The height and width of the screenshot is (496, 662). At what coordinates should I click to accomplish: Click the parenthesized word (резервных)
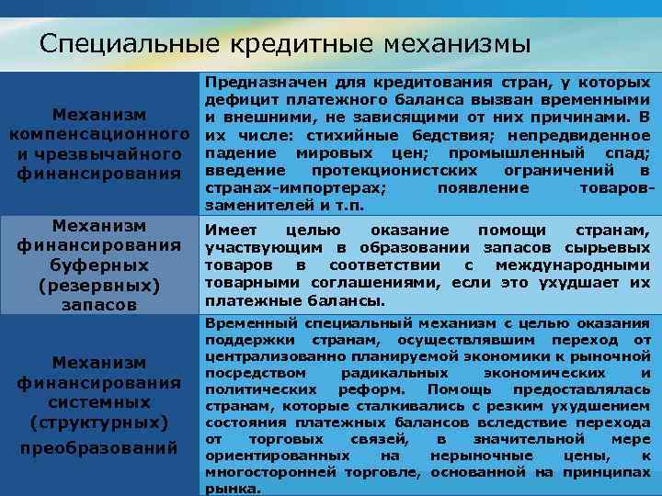click(x=99, y=285)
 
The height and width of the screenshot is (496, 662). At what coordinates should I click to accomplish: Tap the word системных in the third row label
click(x=99, y=402)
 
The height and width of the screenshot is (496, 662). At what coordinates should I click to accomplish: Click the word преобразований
click(x=99, y=448)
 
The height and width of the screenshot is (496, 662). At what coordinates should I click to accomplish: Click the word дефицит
click(x=236, y=99)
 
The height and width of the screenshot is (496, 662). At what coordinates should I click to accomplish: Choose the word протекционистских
click(x=394, y=170)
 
